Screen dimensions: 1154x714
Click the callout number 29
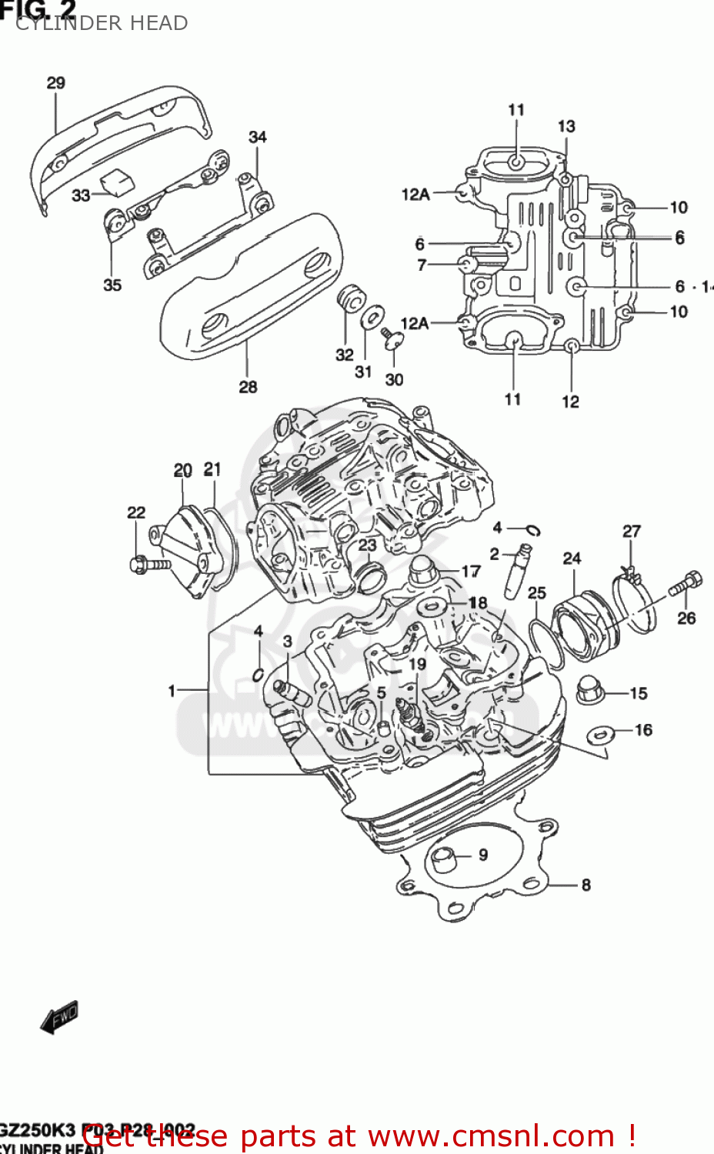[x=56, y=83]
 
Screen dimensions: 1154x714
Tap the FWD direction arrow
[x=60, y=1017]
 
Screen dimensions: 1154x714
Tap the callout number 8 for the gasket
[x=586, y=885]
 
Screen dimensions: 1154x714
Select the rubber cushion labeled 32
[x=350, y=299]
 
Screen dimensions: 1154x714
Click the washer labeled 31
[x=373, y=316]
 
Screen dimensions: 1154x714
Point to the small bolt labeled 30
[x=392, y=335]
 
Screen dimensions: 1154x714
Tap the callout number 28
[x=248, y=387]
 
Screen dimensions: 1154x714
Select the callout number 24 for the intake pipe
[x=572, y=559]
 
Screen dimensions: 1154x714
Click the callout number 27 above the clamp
[x=631, y=532]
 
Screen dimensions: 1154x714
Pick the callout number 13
[x=566, y=126]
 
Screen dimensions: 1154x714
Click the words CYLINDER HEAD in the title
[x=102, y=23]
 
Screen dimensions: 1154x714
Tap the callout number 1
[x=172, y=691]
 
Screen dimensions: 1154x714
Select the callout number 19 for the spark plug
[x=417, y=664]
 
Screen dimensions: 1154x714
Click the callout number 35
[x=112, y=285]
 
